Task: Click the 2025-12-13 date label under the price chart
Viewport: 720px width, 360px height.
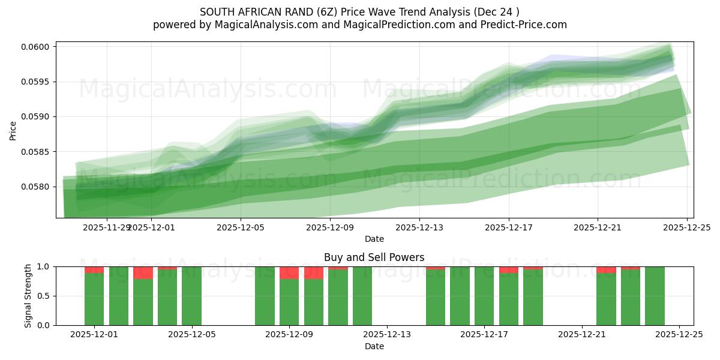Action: tap(419, 227)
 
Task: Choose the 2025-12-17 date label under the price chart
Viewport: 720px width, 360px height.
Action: tap(509, 227)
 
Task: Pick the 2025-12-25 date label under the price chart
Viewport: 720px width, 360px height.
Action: tap(687, 227)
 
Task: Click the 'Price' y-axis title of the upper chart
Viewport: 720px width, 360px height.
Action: tap(13, 130)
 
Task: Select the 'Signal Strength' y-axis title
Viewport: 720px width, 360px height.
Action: tap(28, 296)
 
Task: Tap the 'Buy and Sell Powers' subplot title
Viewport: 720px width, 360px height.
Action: tap(374, 257)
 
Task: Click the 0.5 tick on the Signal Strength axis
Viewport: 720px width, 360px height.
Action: tap(46, 296)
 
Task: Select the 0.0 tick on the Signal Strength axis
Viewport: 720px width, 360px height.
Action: tap(46, 325)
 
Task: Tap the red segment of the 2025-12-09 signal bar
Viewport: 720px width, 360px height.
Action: tap(289, 272)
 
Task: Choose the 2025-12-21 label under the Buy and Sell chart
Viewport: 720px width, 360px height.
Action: tap(582, 334)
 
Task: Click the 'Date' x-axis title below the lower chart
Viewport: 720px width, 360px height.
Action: tap(374, 346)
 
